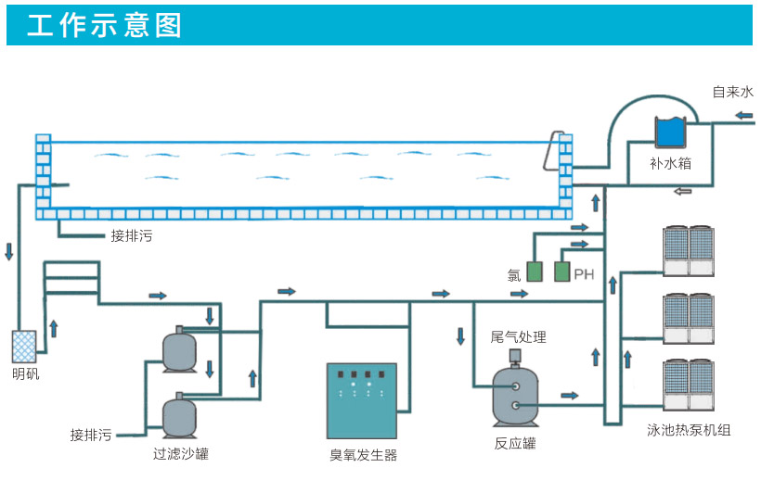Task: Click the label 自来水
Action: (732, 92)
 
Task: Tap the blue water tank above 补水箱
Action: (669, 132)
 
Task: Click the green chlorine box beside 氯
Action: (535, 272)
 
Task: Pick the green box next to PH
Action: (561, 272)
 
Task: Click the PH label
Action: (584, 274)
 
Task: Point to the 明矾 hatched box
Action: (24, 347)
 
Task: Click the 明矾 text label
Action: (25, 374)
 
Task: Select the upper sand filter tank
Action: (179, 349)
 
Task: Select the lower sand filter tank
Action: (179, 416)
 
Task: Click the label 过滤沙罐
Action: (181, 454)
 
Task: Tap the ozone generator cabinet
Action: (361, 400)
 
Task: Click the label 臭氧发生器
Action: (363, 455)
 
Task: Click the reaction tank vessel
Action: (516, 395)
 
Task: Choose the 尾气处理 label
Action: (518, 337)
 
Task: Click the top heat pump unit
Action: (688, 251)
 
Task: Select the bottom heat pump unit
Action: (688, 385)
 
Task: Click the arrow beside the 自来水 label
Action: (743, 116)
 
